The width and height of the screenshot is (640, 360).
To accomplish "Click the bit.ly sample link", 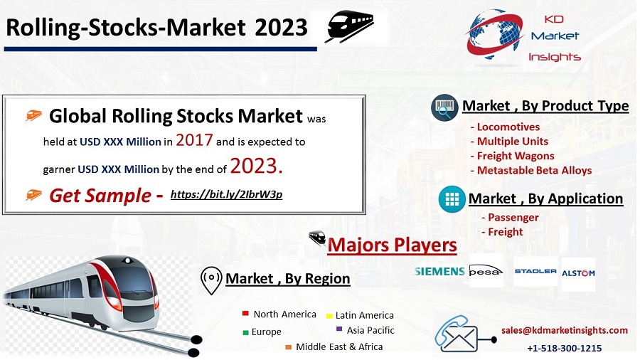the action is (x=226, y=194).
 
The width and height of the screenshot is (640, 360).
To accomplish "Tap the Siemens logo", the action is (x=439, y=272).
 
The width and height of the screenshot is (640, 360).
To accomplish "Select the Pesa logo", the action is (x=486, y=271).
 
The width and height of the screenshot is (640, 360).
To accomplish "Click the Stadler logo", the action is (x=535, y=271).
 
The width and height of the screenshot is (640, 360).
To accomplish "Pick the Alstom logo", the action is (x=578, y=273).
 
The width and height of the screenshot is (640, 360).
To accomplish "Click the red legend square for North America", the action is (x=245, y=314).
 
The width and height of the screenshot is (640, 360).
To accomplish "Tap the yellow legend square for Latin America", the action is (x=329, y=316).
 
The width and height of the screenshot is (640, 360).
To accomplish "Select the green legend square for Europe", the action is (x=245, y=333).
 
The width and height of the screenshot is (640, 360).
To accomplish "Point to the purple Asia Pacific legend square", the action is (x=338, y=329).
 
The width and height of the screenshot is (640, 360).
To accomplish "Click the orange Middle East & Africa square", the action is (x=288, y=347).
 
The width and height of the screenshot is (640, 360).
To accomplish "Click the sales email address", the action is (x=565, y=330).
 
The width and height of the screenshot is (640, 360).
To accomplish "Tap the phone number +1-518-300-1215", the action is (x=565, y=348).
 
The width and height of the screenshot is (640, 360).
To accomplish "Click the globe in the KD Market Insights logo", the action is (x=494, y=34).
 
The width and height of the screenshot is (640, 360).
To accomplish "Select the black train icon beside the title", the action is (x=349, y=26).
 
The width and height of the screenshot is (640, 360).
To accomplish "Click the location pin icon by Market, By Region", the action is (x=211, y=280).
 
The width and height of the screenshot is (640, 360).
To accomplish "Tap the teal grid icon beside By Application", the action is (x=452, y=199).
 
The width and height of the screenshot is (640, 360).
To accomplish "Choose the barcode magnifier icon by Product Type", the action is (x=444, y=107).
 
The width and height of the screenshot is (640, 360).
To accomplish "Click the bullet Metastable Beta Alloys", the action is (x=531, y=170).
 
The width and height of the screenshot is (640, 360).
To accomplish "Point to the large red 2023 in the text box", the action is (x=256, y=166).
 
